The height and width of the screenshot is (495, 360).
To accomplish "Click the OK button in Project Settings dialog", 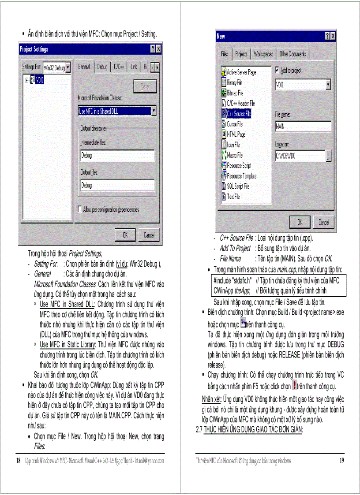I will pyautogui.click(x=125, y=235).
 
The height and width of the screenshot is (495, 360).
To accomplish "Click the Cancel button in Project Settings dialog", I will pyautogui.click(x=149, y=235).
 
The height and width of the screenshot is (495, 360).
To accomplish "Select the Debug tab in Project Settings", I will pyautogui.click(x=102, y=67).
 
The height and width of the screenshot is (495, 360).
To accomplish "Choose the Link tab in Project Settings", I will pyautogui.click(x=134, y=67).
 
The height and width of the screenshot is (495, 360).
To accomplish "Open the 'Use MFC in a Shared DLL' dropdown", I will pyautogui.click(x=153, y=112).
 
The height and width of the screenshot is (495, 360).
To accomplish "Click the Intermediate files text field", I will pyautogui.click(x=117, y=156).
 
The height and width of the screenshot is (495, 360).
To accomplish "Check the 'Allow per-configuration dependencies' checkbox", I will pyautogui.click(x=80, y=209).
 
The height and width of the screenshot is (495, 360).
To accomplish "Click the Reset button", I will pyautogui.click(x=145, y=87).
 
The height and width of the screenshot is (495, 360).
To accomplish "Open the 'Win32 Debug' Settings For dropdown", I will pyautogui.click(x=68, y=67).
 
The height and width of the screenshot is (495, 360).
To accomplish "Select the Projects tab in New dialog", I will pyautogui.click(x=241, y=54).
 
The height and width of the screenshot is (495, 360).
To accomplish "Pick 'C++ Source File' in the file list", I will pyautogui.click(x=239, y=114).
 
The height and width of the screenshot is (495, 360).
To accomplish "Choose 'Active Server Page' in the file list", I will pyautogui.click(x=241, y=72).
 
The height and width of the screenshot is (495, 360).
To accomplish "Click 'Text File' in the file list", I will pyautogui.click(x=233, y=197).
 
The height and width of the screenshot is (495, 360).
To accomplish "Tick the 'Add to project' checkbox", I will pyautogui.click(x=277, y=70).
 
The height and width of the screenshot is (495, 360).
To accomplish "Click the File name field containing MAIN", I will pyautogui.click(x=303, y=127).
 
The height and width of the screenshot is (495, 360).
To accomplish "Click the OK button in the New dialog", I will pyautogui.click(x=300, y=222).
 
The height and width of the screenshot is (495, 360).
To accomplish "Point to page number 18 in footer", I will pyautogui.click(x=19, y=461).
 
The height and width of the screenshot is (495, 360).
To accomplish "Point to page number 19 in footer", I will pyautogui.click(x=341, y=461).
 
